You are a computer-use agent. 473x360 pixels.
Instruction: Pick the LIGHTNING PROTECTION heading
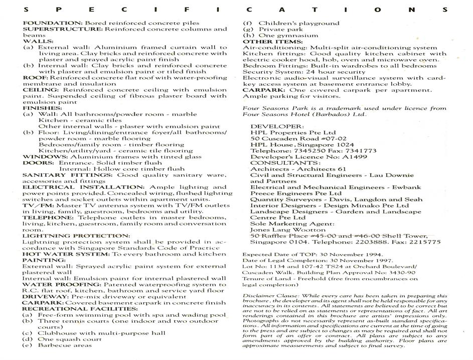point(76,235)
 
